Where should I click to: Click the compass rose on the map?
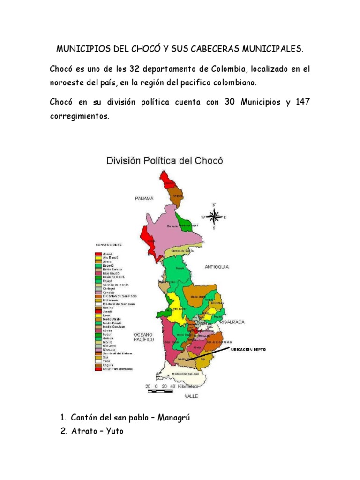coord(214,216)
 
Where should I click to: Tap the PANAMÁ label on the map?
coord(144,199)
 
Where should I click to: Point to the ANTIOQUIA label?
coord(217,267)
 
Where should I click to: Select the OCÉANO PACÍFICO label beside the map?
coord(144,337)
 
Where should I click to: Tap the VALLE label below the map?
coord(191,396)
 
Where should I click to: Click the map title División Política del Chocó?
coord(165,160)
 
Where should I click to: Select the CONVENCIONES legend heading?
coord(109,245)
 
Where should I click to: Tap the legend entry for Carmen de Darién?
coord(115,285)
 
